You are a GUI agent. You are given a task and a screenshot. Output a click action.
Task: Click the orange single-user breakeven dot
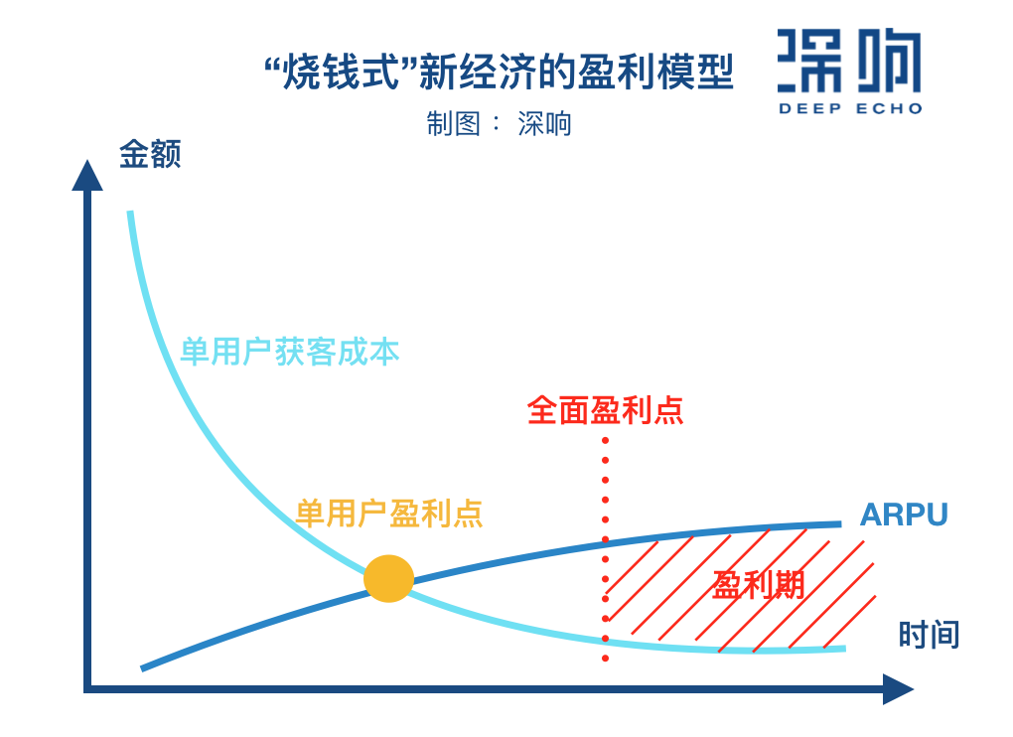click(388, 578)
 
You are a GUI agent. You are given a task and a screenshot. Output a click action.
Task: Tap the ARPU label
click(903, 515)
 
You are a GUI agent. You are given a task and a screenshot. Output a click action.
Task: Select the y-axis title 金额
click(150, 154)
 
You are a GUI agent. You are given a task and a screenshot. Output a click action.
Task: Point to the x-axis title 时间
click(929, 635)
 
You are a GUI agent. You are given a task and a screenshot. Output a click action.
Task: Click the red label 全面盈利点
click(605, 410)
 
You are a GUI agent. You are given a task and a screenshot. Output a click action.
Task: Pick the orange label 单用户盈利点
click(388, 514)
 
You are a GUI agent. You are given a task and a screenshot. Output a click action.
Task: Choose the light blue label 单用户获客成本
click(289, 352)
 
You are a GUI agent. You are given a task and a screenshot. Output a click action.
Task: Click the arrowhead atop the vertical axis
click(87, 175)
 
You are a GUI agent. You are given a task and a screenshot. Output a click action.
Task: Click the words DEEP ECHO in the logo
click(850, 108)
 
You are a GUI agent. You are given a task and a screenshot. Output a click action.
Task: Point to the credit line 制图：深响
click(499, 123)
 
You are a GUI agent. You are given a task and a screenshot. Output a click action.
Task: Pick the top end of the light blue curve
click(130, 214)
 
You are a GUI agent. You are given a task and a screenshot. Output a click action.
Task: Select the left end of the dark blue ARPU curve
click(144, 667)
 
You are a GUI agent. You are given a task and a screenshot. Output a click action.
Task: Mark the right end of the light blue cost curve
click(843, 649)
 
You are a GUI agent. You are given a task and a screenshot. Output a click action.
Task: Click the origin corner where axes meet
click(87, 687)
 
